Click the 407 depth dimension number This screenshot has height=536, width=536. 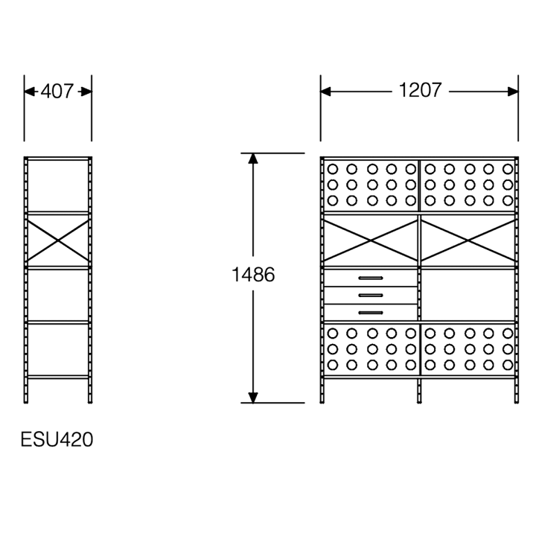pyautogui.click(x=57, y=92)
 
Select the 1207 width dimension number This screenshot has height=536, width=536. pyautogui.click(x=420, y=90)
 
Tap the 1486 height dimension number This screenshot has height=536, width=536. pyautogui.click(x=253, y=274)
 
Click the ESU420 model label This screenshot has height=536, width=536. pyautogui.click(x=57, y=439)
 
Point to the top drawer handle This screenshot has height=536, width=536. pyautogui.click(x=371, y=278)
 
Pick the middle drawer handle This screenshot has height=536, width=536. pyautogui.click(x=371, y=296)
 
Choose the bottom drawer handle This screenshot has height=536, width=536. pyautogui.click(x=371, y=313)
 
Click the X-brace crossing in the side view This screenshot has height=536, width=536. pyautogui.click(x=58, y=240)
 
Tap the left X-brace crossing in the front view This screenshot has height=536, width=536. pyautogui.click(x=371, y=240)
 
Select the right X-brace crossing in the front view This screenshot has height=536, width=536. pyautogui.click(x=468, y=240)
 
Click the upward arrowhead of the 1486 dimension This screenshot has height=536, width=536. pyautogui.click(x=253, y=159)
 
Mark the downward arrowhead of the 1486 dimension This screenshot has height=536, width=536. pyautogui.click(x=253, y=398)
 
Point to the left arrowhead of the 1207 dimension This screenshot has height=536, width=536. pyautogui.click(x=326, y=92)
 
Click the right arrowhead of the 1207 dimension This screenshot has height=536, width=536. pyautogui.click(x=513, y=92)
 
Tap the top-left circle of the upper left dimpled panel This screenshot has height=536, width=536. pyautogui.click(x=332, y=169)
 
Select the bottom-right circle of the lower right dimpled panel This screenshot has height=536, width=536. pyautogui.click(x=508, y=365)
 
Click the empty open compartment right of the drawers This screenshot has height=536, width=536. pyautogui.click(x=468, y=295)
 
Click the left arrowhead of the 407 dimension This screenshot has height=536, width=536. pyautogui.click(x=29, y=92)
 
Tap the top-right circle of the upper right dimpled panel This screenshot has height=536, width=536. pyautogui.click(x=508, y=169)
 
